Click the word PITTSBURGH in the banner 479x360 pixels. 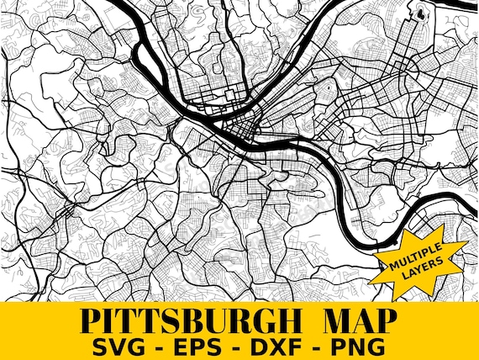(x=193, y=320)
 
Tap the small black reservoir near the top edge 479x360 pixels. (x=421, y=13)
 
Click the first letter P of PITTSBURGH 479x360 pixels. (x=90, y=320)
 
